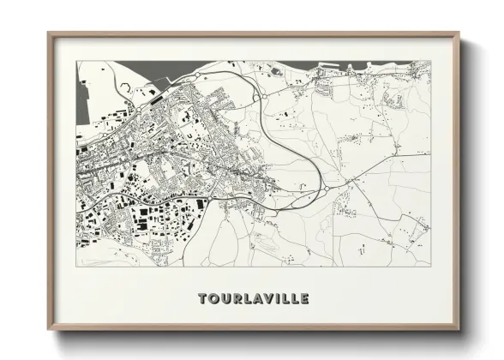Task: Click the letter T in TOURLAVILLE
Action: pyautogui.click(x=203, y=299)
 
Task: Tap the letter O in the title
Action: pyautogui.click(x=214, y=299)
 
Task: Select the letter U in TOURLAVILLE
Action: pyautogui.click(x=226, y=299)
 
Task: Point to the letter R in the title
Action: pyautogui.click(x=238, y=299)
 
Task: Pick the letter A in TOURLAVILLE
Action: pyautogui.click(x=260, y=299)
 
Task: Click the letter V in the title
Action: pyautogui.click(x=271, y=299)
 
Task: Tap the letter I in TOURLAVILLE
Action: pyautogui.click(x=279, y=299)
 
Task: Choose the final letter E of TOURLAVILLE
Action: pyautogui.click(x=305, y=299)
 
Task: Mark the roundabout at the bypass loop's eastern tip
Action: pyautogui.click(x=327, y=189)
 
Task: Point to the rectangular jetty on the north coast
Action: pyautogui.click(x=329, y=65)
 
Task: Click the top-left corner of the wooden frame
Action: pyautogui.click(x=49, y=33)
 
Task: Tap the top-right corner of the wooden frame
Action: pyautogui.click(x=459, y=33)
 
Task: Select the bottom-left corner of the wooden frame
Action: pyautogui.click(x=49, y=329)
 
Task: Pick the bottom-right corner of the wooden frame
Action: pyautogui.click(x=459, y=329)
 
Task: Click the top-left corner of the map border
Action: pyautogui.click(x=77, y=61)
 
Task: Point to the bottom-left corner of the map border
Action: pyautogui.click(x=77, y=267)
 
